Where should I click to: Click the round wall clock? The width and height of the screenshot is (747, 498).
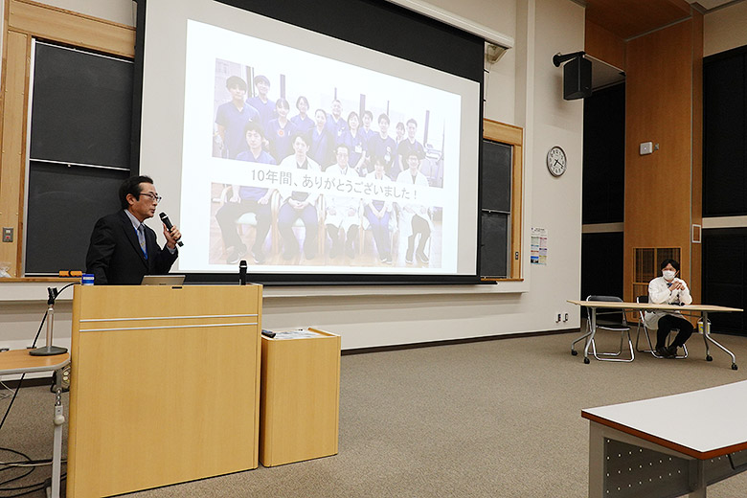[x=556, y=161]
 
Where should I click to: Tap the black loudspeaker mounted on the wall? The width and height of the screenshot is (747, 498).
[x=577, y=78]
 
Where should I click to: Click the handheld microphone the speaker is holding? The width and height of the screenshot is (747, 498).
[x=170, y=228]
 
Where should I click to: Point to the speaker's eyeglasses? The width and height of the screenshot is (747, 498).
[x=149, y=196]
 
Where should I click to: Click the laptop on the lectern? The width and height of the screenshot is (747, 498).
[x=163, y=281]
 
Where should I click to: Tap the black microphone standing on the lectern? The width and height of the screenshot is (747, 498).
[x=243, y=272]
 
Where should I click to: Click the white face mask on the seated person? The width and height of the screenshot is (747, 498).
[x=668, y=275]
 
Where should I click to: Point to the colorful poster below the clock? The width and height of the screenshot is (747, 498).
[x=539, y=246]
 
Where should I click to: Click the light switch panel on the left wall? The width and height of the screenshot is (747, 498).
[x=8, y=234]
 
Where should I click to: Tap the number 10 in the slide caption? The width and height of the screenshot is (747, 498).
[x=258, y=175]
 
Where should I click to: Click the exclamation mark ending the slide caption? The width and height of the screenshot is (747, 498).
[x=416, y=195]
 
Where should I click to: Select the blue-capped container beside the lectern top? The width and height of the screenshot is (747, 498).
[x=88, y=279]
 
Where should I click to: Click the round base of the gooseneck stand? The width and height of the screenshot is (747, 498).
[x=49, y=351]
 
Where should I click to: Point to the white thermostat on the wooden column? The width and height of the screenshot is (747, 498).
[x=645, y=148]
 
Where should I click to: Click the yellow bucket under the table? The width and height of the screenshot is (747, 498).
[x=703, y=326]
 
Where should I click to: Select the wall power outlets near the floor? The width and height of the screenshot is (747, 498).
[x=562, y=316]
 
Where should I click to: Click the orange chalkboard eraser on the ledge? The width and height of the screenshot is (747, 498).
[x=70, y=274]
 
